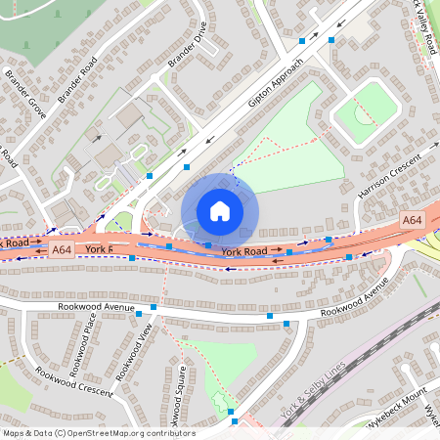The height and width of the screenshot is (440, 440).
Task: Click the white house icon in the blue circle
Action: [220, 211]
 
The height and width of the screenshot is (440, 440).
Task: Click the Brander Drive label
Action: [188, 49]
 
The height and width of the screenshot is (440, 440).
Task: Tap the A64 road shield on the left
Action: [62, 250]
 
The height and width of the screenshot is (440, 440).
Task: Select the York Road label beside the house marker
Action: [243, 251]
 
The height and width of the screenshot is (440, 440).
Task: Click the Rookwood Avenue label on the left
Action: [92, 307]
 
